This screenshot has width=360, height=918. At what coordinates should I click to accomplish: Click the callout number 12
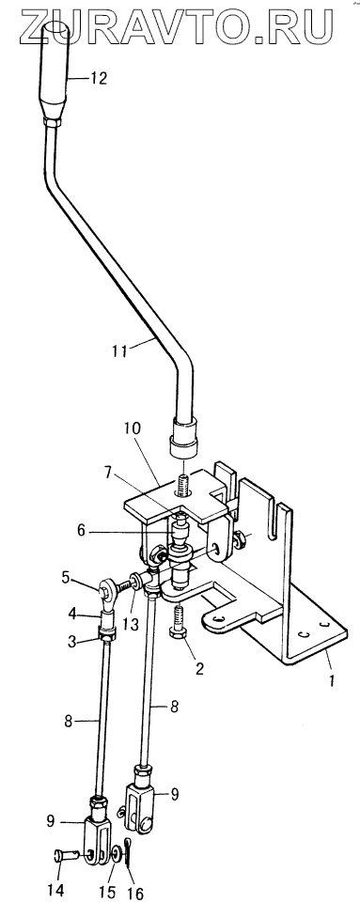point(99,78)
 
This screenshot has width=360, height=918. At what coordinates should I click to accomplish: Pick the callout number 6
point(82,531)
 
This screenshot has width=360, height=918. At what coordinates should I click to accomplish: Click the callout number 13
point(133,624)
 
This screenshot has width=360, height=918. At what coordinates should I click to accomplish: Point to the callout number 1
point(331,681)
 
